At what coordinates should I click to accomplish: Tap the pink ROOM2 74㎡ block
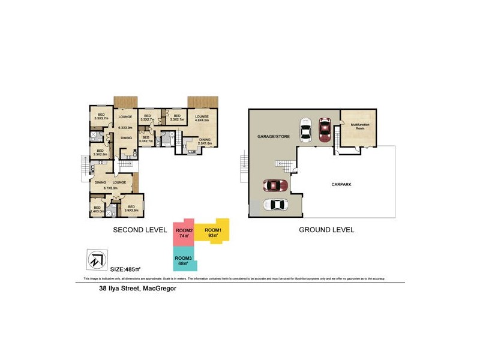[183, 234]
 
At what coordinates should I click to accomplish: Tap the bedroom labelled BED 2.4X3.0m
[97, 209]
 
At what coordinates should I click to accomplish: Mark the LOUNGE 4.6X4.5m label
[201, 118]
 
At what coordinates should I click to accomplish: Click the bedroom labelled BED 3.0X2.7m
[147, 139]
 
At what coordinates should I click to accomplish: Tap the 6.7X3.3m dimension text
[112, 188]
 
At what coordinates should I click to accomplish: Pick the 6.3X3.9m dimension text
[125, 127]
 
